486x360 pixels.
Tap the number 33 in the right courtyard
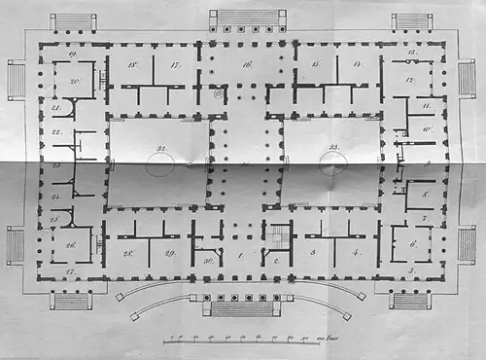(x=336, y=148)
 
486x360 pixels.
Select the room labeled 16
(x=247, y=64)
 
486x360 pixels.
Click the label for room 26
(x=71, y=244)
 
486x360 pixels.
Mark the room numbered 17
(x=175, y=65)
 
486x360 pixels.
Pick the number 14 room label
(x=358, y=64)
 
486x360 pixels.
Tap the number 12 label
(x=411, y=80)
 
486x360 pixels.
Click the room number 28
(x=127, y=253)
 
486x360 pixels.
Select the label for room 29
(x=168, y=253)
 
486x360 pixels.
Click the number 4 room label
(x=356, y=252)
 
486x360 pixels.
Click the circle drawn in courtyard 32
(x=160, y=164)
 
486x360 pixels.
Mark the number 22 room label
(x=56, y=131)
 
